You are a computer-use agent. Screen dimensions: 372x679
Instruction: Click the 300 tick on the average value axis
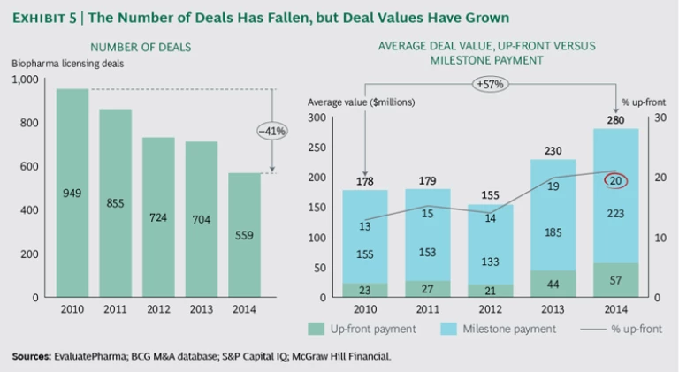click(x=316, y=118)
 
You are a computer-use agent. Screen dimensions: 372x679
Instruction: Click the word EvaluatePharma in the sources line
click(x=96, y=356)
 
